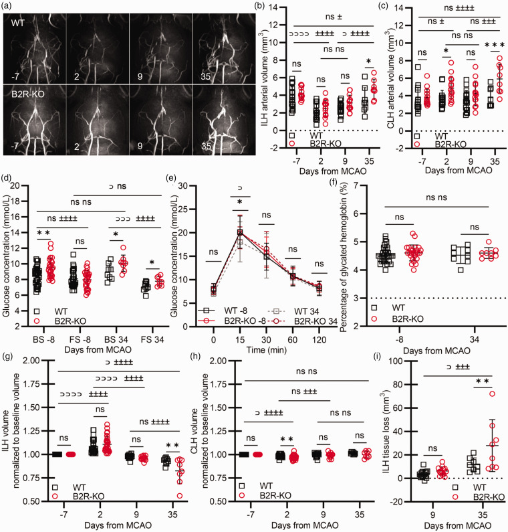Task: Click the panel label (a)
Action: [7, 7]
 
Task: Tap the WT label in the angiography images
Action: [17, 23]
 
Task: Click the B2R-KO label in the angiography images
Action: [28, 94]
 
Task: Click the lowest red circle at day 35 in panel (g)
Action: [180, 496]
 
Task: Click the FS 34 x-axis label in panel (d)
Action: [152, 339]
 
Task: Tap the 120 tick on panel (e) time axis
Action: [320, 340]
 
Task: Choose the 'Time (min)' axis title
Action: [267, 350]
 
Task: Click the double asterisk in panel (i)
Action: [482, 381]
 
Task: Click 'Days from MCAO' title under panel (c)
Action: [459, 170]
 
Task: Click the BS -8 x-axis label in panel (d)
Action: [43, 339]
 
